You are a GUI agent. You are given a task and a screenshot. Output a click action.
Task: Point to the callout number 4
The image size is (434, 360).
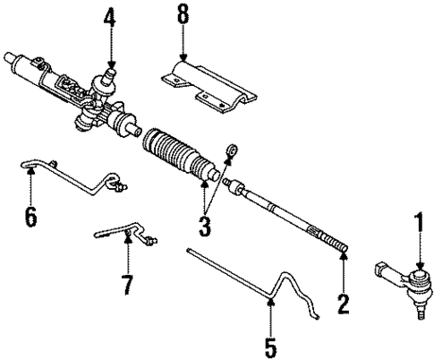(x=109, y=17)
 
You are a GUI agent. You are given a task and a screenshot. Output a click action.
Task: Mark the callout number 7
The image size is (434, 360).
(x=127, y=285)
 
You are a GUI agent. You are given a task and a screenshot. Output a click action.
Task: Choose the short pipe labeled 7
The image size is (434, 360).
(x=125, y=236)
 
